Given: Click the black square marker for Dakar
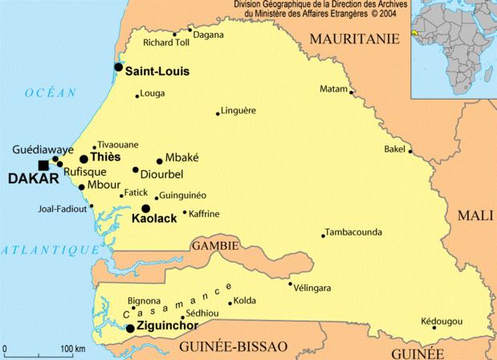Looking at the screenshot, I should click(43, 166).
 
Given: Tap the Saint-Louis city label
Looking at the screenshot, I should click(157, 72).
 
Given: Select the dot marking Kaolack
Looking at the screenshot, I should click(145, 208).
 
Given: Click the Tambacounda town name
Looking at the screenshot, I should click(354, 234).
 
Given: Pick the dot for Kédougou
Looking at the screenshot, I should click(434, 327).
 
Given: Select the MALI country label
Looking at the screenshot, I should click(474, 215).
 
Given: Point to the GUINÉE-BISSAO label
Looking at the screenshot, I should click(234, 346).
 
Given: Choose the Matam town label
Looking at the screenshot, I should click(332, 88).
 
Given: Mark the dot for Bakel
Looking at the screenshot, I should click(410, 151).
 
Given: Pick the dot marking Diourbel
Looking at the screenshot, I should click(136, 170).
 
